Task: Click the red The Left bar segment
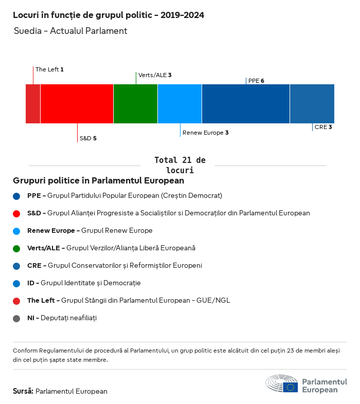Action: pyautogui.click(x=33, y=104)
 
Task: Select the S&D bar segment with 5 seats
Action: pyautogui.click(x=77, y=104)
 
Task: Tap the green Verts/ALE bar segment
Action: pyautogui.click(x=135, y=104)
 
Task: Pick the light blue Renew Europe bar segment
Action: pyautogui.click(x=179, y=104)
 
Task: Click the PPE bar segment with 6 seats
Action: pyautogui.click(x=246, y=104)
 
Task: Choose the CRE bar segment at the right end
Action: pyautogui.click(x=312, y=104)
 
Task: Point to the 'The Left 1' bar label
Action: pyautogui.click(x=49, y=69)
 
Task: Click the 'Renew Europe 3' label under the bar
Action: pyautogui.click(x=205, y=133)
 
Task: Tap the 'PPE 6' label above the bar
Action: pyautogui.click(x=256, y=81)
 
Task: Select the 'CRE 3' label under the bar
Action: pyautogui.click(x=323, y=127)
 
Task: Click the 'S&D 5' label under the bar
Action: pyautogui.click(x=88, y=138)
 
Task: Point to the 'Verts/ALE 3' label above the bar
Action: pyautogui.click(x=155, y=75)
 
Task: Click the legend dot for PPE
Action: pyautogui.click(x=17, y=196)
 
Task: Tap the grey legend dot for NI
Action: pyautogui.click(x=17, y=318)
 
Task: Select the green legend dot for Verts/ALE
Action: pyautogui.click(x=17, y=248)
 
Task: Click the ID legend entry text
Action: pyautogui.click(x=84, y=283)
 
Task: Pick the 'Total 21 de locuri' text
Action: pyautogui.click(x=179, y=165)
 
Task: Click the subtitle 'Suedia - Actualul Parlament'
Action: pyautogui.click(x=70, y=31)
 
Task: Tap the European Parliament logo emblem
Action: pyautogui.click(x=282, y=383)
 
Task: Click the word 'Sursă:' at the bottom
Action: pyautogui.click(x=23, y=391)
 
